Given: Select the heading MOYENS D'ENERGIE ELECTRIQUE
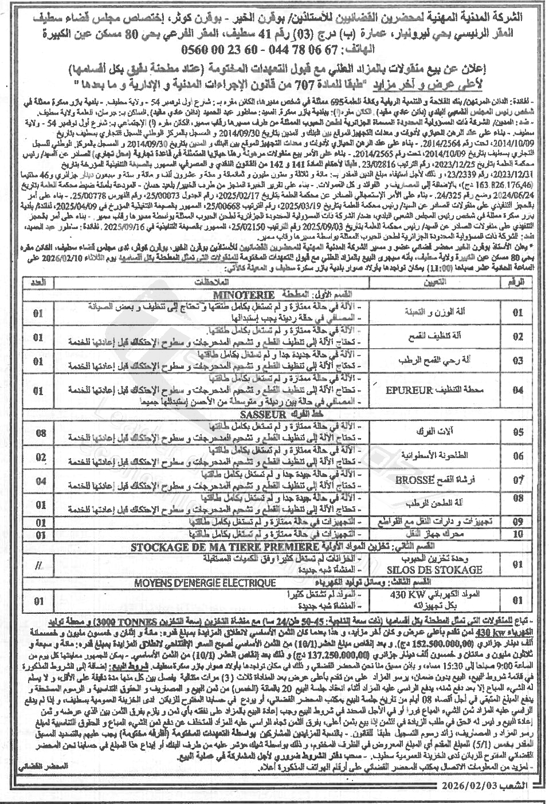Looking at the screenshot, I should coord(205,583).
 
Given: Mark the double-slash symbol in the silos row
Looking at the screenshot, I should coord(38,565).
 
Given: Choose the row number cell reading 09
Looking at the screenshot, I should coord(517,523).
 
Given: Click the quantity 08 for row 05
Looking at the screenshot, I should coord(39,433).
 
